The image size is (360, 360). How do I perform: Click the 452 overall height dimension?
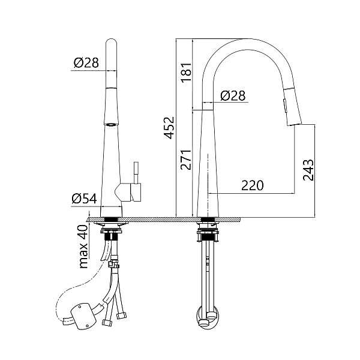pyautogui.click(x=170, y=128)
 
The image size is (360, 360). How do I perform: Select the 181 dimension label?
pyautogui.click(x=186, y=73)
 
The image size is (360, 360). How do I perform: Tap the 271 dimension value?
pyautogui.click(x=186, y=160)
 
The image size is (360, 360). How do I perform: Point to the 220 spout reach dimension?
pyautogui.click(x=253, y=185)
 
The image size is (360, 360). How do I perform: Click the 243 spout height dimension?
pyautogui.click(x=308, y=170)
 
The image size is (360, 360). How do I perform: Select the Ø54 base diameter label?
pyautogui.click(x=84, y=199)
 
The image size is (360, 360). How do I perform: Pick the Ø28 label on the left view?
pyautogui.click(x=86, y=62)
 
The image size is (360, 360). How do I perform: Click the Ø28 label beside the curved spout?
pyautogui.click(x=233, y=95)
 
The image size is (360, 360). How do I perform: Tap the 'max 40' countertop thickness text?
pyautogui.click(x=83, y=247)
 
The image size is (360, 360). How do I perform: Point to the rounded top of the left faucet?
pyautogui.click(x=112, y=43)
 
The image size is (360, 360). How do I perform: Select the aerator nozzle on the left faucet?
pyautogui.click(x=112, y=125)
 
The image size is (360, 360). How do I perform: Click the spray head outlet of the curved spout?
pyautogui.click(x=295, y=124)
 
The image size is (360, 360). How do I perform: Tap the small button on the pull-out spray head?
pyautogui.click(x=285, y=106)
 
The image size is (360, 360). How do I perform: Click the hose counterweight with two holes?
pyautogui.click(x=83, y=316)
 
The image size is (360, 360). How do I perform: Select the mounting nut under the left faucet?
pyautogui.click(x=111, y=235)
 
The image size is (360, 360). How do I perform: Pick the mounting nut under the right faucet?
pyautogui.click(x=208, y=236)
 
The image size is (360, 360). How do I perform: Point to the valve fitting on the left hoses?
pyautogui.click(x=113, y=264)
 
